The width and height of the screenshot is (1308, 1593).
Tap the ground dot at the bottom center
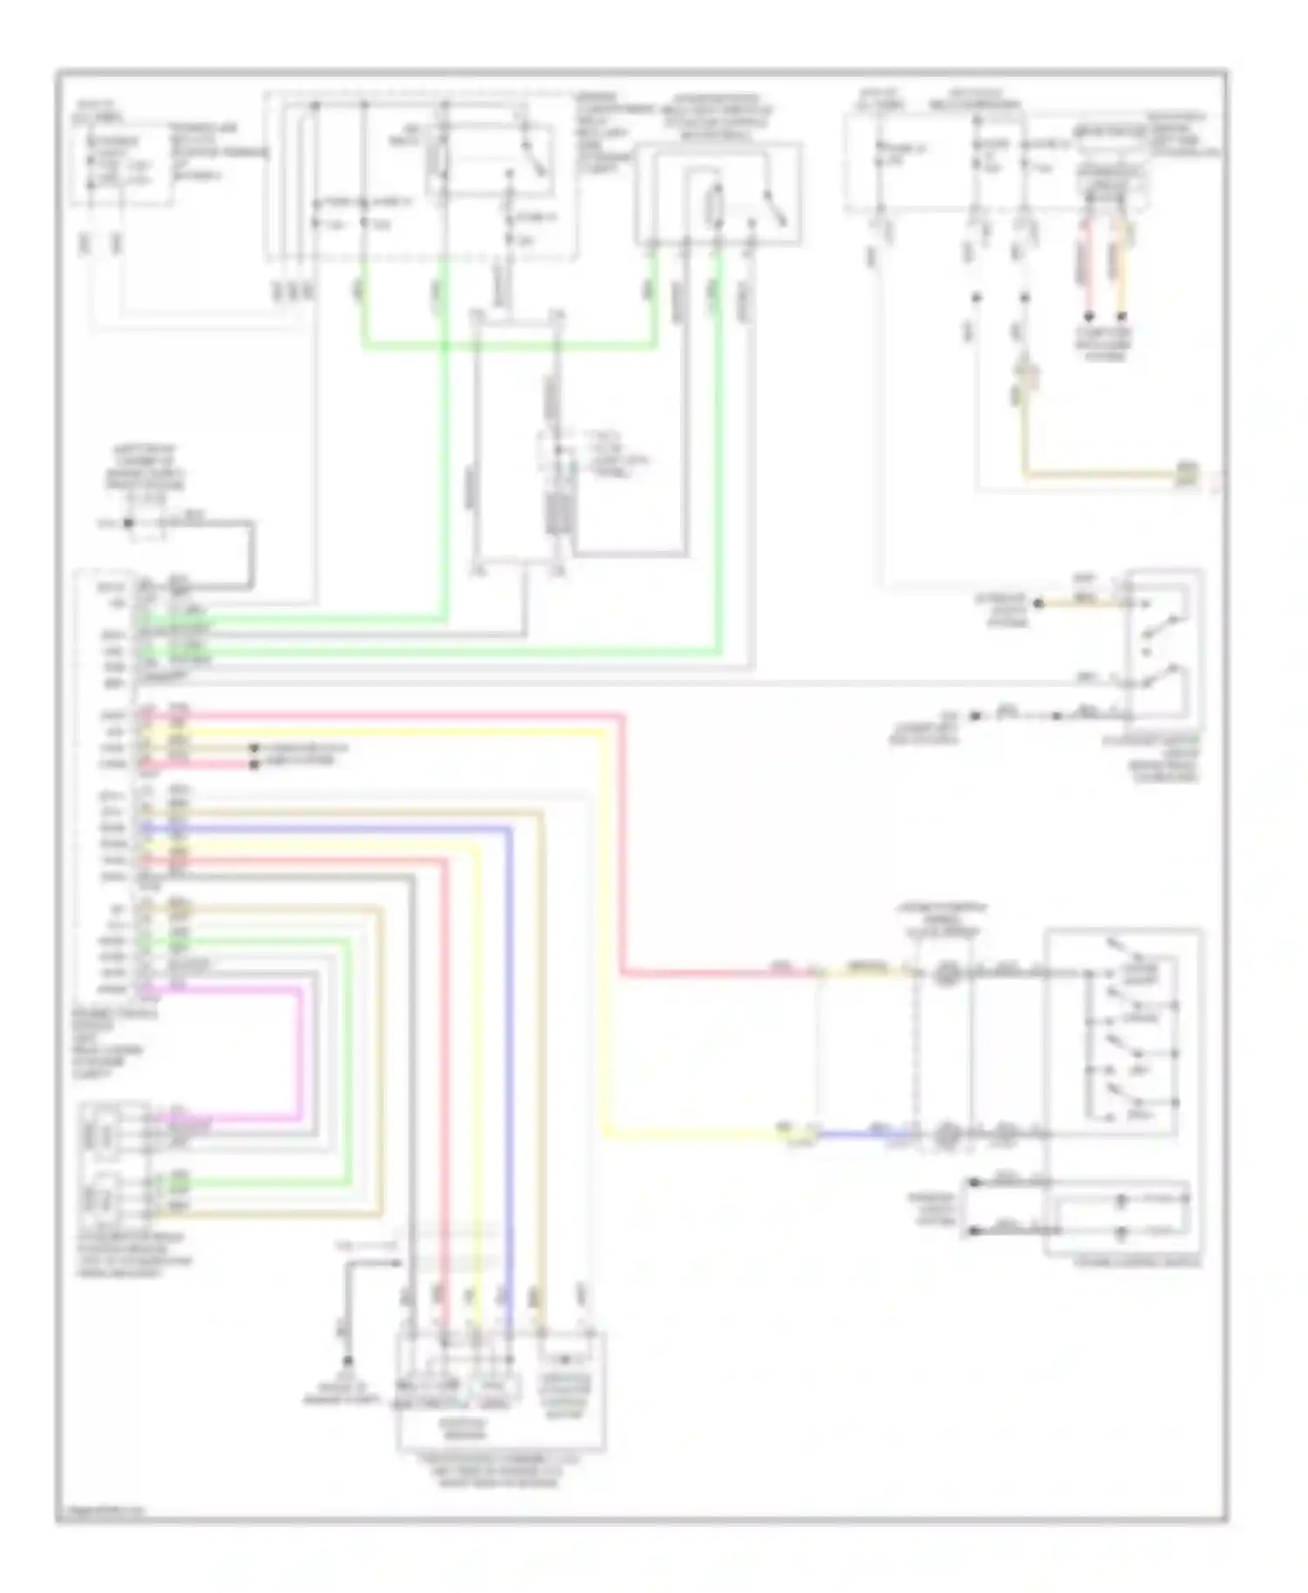[x=348, y=1360]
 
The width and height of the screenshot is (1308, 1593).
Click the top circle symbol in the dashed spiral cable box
[x=944, y=973]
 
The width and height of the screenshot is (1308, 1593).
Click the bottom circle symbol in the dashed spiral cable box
[x=946, y=1135]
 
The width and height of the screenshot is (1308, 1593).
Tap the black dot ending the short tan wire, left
[x=255, y=749]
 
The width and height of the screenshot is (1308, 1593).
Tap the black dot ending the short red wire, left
[x=254, y=764]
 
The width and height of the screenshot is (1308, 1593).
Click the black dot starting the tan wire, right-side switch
[x=1038, y=603]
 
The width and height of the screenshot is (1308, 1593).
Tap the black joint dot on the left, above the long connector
[x=129, y=523]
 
